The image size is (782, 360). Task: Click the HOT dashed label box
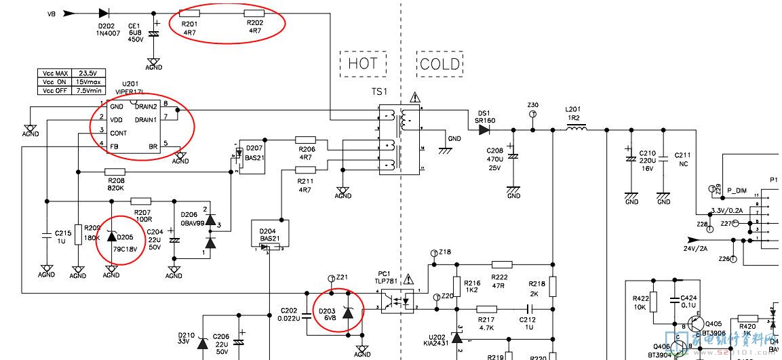[363, 64]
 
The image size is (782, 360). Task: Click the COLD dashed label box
[439, 64]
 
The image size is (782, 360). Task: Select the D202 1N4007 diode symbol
[104, 12]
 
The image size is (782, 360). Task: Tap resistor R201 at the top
[190, 12]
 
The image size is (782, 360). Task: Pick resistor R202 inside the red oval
[254, 12]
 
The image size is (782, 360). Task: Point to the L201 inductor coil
[576, 127]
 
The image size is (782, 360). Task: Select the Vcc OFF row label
[56, 89]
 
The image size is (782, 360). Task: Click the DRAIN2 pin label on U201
[146, 106]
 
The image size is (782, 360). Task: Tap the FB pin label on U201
[113, 146]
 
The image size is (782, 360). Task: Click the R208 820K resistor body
[115, 172]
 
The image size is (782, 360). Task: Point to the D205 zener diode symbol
[111, 237]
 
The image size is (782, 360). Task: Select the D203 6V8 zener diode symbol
[348, 312]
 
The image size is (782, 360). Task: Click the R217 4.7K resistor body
[486, 309]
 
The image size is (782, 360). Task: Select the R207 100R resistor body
[140, 201]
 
